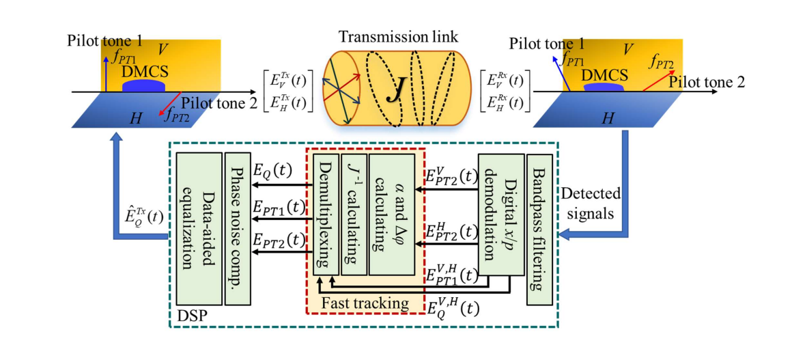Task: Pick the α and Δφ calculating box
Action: (x=392, y=214)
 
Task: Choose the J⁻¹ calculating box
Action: (x=354, y=214)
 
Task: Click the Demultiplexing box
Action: (x=325, y=214)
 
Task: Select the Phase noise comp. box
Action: (x=238, y=228)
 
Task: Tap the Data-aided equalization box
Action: (x=199, y=228)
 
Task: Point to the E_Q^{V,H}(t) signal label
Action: (x=449, y=309)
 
